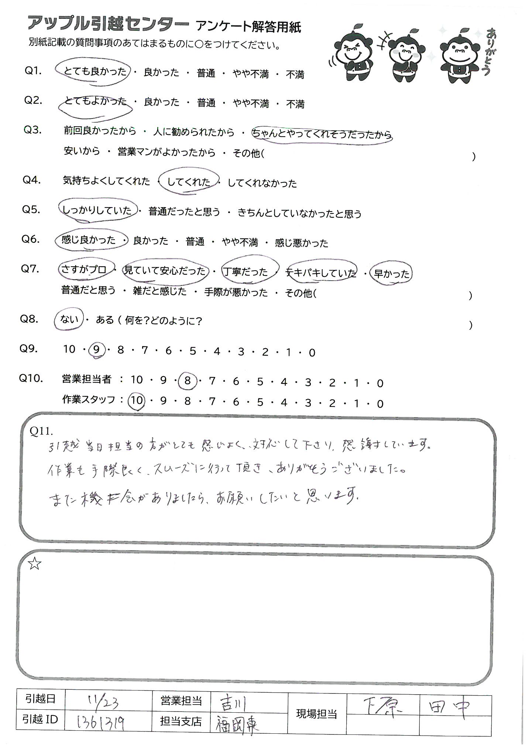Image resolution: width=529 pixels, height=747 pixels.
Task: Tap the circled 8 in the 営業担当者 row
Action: click(x=188, y=381)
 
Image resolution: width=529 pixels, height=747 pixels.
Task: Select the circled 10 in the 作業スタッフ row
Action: click(x=137, y=401)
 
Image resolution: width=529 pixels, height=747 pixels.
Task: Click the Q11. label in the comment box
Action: click(x=43, y=431)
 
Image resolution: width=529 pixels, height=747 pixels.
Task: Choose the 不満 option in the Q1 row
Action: click(x=295, y=75)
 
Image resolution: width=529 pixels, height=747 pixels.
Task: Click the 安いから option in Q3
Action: click(x=82, y=151)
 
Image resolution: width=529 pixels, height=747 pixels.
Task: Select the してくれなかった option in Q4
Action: click(x=262, y=183)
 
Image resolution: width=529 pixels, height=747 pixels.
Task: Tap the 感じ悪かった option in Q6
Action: click(x=302, y=243)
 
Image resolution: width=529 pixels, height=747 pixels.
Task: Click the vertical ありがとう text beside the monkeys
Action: click(x=487, y=52)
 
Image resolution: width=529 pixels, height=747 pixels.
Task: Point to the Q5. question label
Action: click(x=31, y=209)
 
